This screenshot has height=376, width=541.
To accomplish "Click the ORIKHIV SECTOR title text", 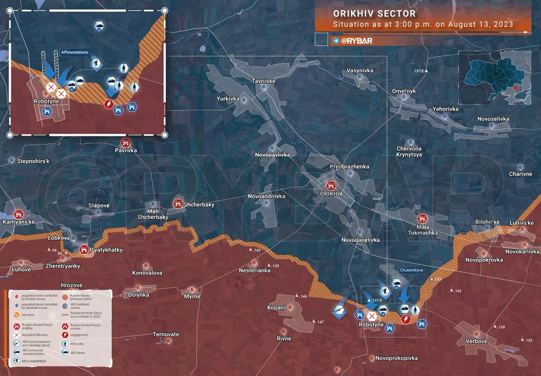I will point(375,14).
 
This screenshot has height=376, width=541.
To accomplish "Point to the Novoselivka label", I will point(494,119).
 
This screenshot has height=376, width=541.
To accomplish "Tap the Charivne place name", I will point(520,174).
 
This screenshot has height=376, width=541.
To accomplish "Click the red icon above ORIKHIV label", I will point(331,185).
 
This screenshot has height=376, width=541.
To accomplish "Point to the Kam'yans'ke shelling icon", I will point(18,214).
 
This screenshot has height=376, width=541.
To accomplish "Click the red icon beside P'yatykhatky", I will point(84,249).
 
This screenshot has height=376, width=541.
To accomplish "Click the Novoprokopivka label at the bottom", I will point(397,358).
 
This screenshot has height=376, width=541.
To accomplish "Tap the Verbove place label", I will point(476,341).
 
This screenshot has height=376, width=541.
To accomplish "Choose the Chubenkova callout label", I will point(411,271).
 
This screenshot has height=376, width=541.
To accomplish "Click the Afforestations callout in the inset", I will point(74,52).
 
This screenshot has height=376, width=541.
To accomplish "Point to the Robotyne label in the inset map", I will point(46,101).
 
